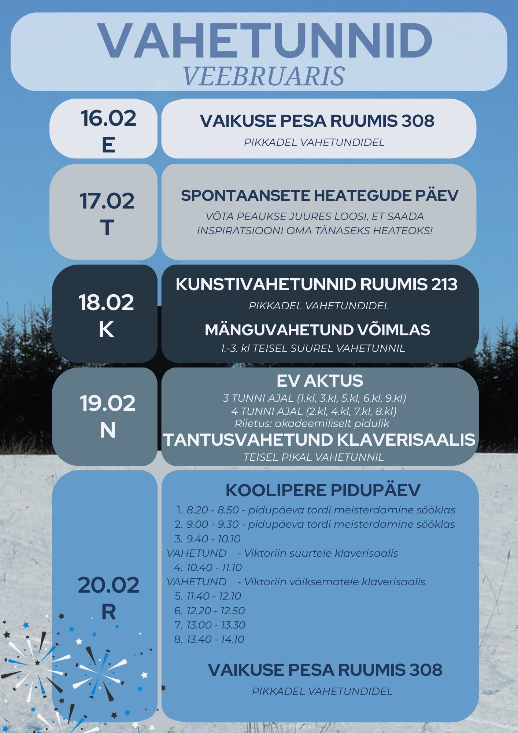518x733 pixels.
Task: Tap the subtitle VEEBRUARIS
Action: [263, 77]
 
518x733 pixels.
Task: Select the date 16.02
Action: [108, 118]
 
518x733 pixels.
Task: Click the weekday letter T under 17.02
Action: [107, 228]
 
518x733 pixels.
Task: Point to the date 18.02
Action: [106, 303]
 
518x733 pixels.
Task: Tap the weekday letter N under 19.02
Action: [107, 430]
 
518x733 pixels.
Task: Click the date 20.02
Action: [108, 585]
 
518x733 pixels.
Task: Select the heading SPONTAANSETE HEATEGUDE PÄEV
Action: [319, 195]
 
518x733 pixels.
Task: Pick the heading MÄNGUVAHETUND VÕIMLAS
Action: [317, 330]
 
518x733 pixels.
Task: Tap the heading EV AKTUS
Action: [319, 381]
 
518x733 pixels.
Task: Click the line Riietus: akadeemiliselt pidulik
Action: [312, 424]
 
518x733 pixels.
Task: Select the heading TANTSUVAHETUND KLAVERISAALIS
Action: [319, 439]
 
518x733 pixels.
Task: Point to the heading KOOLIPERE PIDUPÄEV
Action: [322, 490]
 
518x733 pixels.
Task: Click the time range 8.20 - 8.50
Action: [212, 510]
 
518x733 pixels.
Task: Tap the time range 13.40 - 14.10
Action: [215, 640]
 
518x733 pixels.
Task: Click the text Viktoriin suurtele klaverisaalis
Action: [321, 553]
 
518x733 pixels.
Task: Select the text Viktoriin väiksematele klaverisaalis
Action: [334, 582]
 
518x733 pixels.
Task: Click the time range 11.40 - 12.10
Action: [214, 596]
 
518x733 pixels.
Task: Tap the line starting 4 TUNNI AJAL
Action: [314, 411]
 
